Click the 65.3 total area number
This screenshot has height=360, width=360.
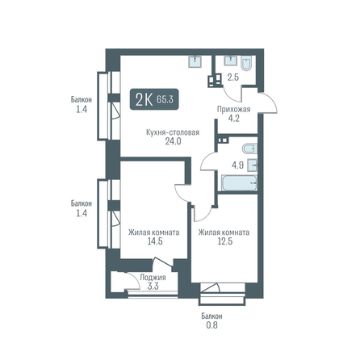[x=165, y=99]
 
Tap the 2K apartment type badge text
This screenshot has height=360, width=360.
[x=144, y=100]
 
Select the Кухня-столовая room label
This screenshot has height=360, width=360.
[x=173, y=132]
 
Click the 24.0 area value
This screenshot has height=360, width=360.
[x=173, y=141]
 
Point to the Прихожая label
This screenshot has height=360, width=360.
[x=233, y=109]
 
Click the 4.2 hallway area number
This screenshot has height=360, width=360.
[x=233, y=118]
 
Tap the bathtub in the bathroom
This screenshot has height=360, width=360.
[x=239, y=183]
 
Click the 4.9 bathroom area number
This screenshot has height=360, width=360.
[x=238, y=165]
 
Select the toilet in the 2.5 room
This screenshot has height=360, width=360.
[x=246, y=64]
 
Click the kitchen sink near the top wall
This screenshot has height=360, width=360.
[x=195, y=61]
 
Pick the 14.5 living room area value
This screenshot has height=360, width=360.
[x=155, y=241]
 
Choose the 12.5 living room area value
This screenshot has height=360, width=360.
[x=225, y=241]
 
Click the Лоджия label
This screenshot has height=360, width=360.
[x=153, y=278]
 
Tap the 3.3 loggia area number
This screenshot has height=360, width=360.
[x=153, y=287]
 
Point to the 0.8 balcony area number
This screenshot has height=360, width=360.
[x=211, y=325]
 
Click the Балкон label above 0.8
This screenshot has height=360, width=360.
[x=212, y=316]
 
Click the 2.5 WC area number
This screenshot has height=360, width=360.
[x=233, y=77]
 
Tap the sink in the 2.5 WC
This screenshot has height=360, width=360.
[x=231, y=61]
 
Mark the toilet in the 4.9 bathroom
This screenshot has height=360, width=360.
[x=249, y=149]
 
